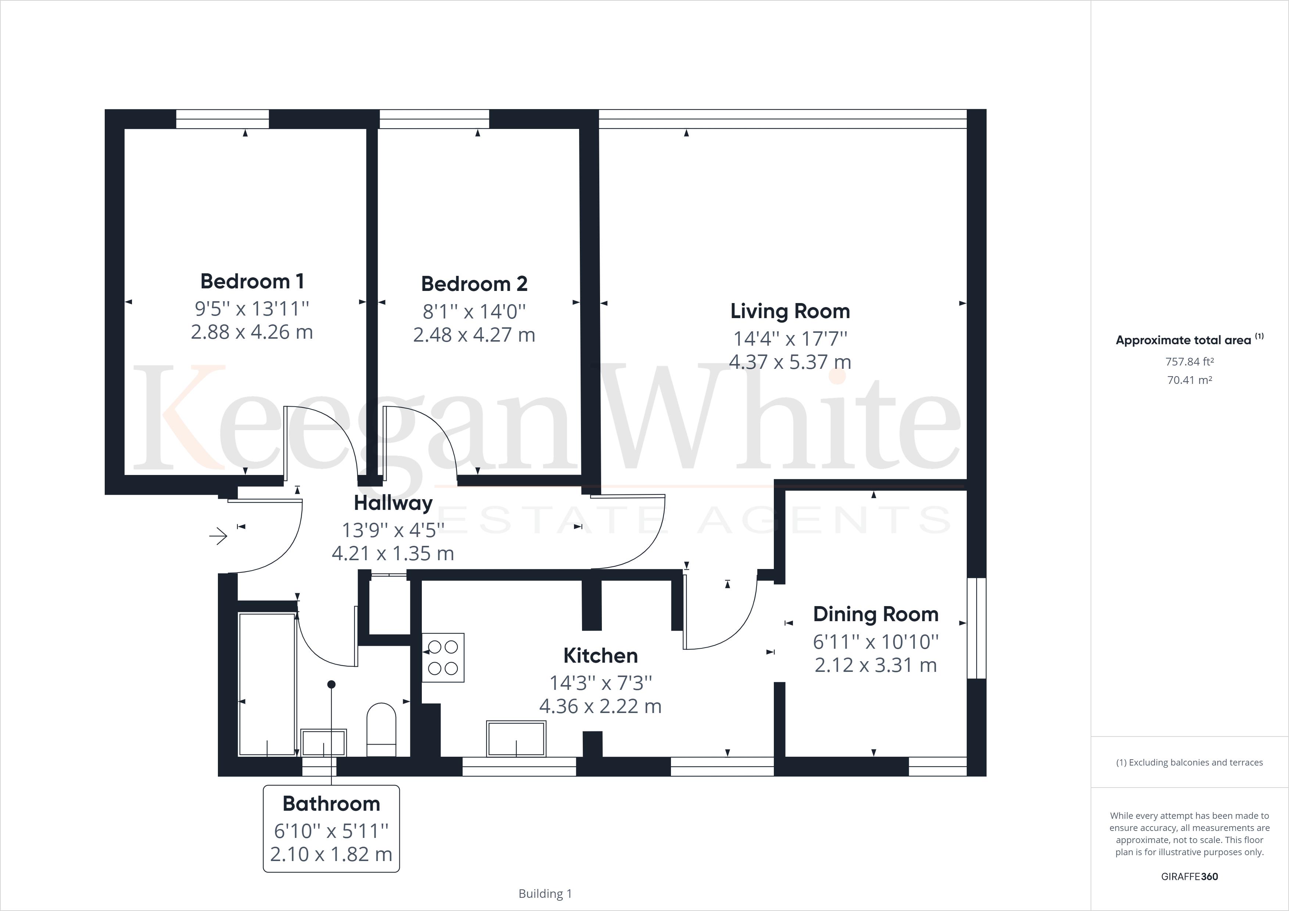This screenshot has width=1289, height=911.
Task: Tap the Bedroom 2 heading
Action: pos(474,284)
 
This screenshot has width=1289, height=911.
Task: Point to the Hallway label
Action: pos(393,503)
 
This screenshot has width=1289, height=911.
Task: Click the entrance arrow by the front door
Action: pos(218,537)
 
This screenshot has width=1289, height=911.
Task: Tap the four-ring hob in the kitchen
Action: pos(443,657)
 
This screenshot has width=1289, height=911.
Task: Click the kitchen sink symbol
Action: pos(516,739)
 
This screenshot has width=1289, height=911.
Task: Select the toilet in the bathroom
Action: pos(381,729)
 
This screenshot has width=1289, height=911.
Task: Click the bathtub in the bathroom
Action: pos(267,684)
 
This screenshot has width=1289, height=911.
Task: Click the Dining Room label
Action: pos(875,614)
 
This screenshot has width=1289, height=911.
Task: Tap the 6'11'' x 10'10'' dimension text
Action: pos(875,642)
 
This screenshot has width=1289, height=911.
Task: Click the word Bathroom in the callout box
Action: pos(331,804)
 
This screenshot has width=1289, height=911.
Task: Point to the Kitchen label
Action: pos(600,656)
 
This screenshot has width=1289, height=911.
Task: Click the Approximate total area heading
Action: pos(1184,340)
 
